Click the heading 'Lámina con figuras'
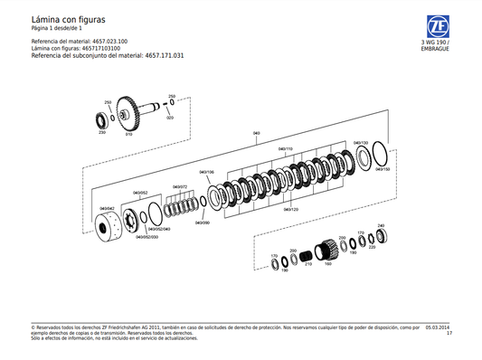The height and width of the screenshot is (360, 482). tap(68, 18)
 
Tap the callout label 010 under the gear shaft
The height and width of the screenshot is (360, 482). tap(128, 134)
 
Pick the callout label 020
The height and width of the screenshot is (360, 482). tap(170, 118)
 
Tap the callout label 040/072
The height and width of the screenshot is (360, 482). tap(179, 187)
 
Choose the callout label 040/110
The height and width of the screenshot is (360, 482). tap(286, 148)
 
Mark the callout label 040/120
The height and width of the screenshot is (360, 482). tap(290, 209)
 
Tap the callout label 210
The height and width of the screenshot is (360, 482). tap(308, 263)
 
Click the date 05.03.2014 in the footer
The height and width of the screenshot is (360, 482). tap(439, 328)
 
